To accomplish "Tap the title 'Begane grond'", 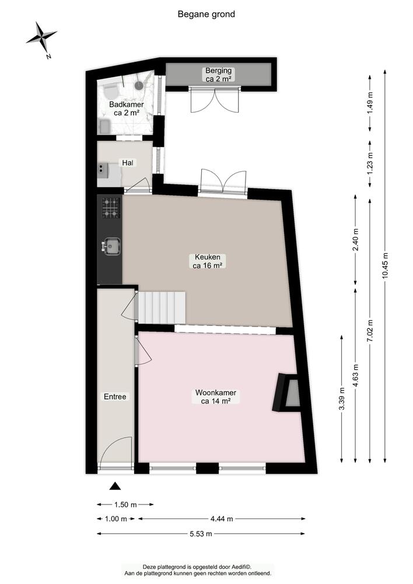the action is tap(206, 14).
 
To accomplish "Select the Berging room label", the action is tap(218, 75).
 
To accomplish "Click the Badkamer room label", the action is tap(127, 109).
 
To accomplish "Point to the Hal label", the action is tap(128, 163).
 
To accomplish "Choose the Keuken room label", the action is tap(208, 261).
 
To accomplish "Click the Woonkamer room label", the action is tap(216, 397).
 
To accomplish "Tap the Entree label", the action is tap(115, 397).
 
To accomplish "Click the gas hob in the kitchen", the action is tap(111, 208).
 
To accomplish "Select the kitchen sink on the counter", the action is tap(111, 246).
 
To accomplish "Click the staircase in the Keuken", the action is tap(162, 308).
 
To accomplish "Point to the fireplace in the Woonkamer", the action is tap(286, 392).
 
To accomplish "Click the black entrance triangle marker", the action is tap(116, 486).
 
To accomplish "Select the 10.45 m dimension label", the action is tap(385, 265).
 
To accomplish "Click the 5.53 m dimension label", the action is tap(201, 534).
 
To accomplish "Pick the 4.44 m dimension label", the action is tap(222, 519).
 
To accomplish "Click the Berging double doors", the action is tap(214, 100).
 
